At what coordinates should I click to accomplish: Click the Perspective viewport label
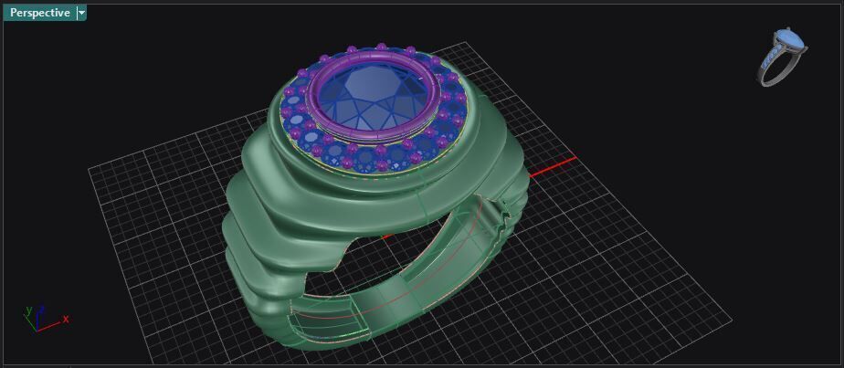coord(39,13)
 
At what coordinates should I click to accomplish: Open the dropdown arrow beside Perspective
coord(81,13)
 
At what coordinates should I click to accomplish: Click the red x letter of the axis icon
coord(66,319)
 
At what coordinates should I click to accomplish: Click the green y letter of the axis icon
coord(28,310)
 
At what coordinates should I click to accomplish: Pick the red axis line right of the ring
coord(553,166)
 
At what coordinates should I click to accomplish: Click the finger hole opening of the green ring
coord(402,265)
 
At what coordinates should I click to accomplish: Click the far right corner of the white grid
coord(732,321)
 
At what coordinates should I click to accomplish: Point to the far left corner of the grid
coord(88,167)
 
